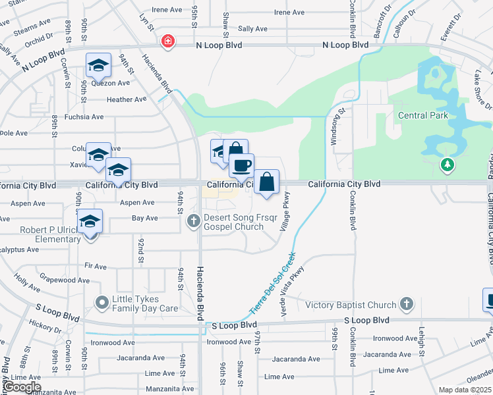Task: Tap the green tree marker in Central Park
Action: click(x=448, y=164)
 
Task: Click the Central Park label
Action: click(x=423, y=115)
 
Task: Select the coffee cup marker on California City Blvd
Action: click(x=241, y=166)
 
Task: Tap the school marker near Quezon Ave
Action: click(x=98, y=65)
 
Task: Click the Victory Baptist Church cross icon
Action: click(x=407, y=304)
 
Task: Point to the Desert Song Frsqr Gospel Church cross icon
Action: click(x=193, y=221)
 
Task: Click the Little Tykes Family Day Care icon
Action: click(x=101, y=303)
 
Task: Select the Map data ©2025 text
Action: click(x=465, y=390)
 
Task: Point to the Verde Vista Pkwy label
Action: click(x=293, y=292)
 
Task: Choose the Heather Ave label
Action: click(x=127, y=99)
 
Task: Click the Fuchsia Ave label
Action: click(x=84, y=117)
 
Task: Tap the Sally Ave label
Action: click(x=252, y=29)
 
